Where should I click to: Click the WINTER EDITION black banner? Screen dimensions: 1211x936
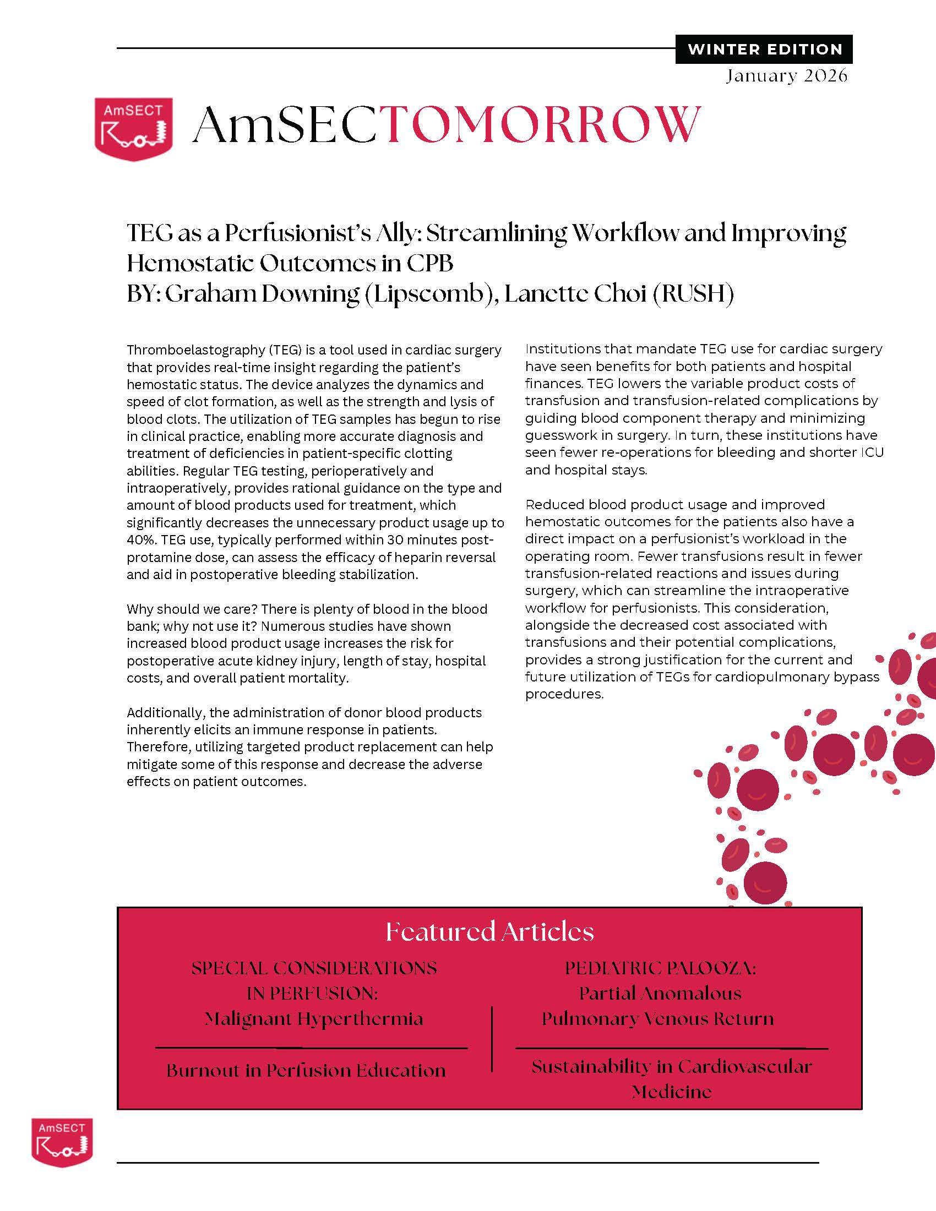764,50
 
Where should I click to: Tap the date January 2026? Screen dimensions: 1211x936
786,75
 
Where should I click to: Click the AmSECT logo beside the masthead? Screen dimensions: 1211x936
133,129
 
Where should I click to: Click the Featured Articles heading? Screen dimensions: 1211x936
489,931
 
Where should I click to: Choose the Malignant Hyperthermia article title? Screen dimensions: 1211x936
314,1019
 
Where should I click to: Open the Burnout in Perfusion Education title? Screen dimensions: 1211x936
306,1070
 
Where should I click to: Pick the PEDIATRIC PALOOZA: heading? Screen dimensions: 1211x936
660,968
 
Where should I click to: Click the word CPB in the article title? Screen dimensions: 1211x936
429,263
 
